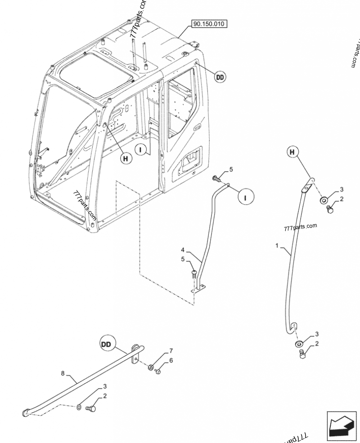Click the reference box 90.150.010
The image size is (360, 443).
(210, 24)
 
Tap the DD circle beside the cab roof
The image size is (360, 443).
(219, 77)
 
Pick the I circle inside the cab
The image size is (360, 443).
(142, 149)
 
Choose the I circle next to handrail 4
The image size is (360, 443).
(246, 197)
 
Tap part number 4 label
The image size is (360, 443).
(183, 250)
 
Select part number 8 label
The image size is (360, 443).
(63, 373)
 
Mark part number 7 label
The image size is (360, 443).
(171, 350)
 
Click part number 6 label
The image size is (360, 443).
(171, 361)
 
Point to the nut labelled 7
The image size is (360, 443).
(149, 367)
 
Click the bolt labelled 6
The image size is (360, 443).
(157, 371)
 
